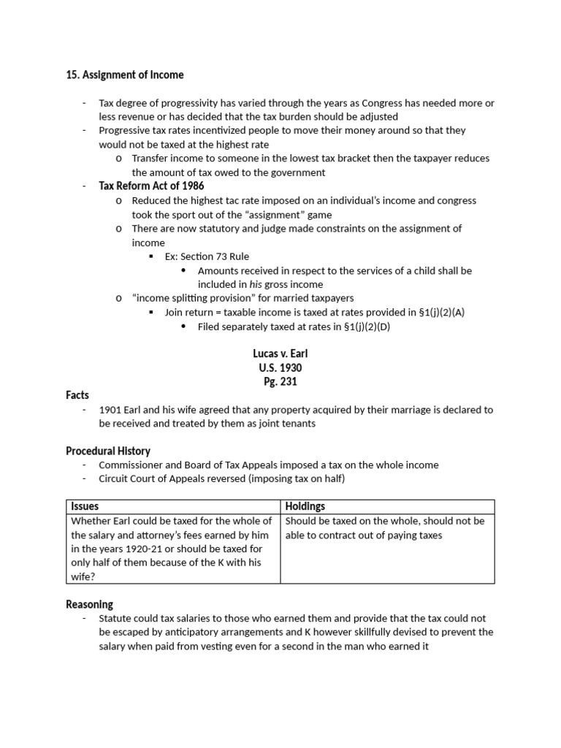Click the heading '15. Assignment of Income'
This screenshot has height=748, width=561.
(x=125, y=75)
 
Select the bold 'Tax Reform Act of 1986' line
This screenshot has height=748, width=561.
(x=151, y=186)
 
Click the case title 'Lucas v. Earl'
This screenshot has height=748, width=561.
(x=280, y=354)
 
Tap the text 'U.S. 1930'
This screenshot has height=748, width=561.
(x=280, y=367)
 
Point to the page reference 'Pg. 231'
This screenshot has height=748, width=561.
(x=280, y=381)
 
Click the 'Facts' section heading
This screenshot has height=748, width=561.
(x=77, y=395)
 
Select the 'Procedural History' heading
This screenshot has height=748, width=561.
(x=108, y=451)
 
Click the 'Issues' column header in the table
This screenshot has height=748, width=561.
(x=85, y=506)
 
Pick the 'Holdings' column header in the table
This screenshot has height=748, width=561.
(x=305, y=506)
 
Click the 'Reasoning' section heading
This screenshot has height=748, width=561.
(x=89, y=604)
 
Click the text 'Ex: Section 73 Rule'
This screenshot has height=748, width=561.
(x=207, y=256)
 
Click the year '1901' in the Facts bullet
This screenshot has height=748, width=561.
(x=111, y=410)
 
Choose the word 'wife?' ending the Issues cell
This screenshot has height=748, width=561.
(x=83, y=576)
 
